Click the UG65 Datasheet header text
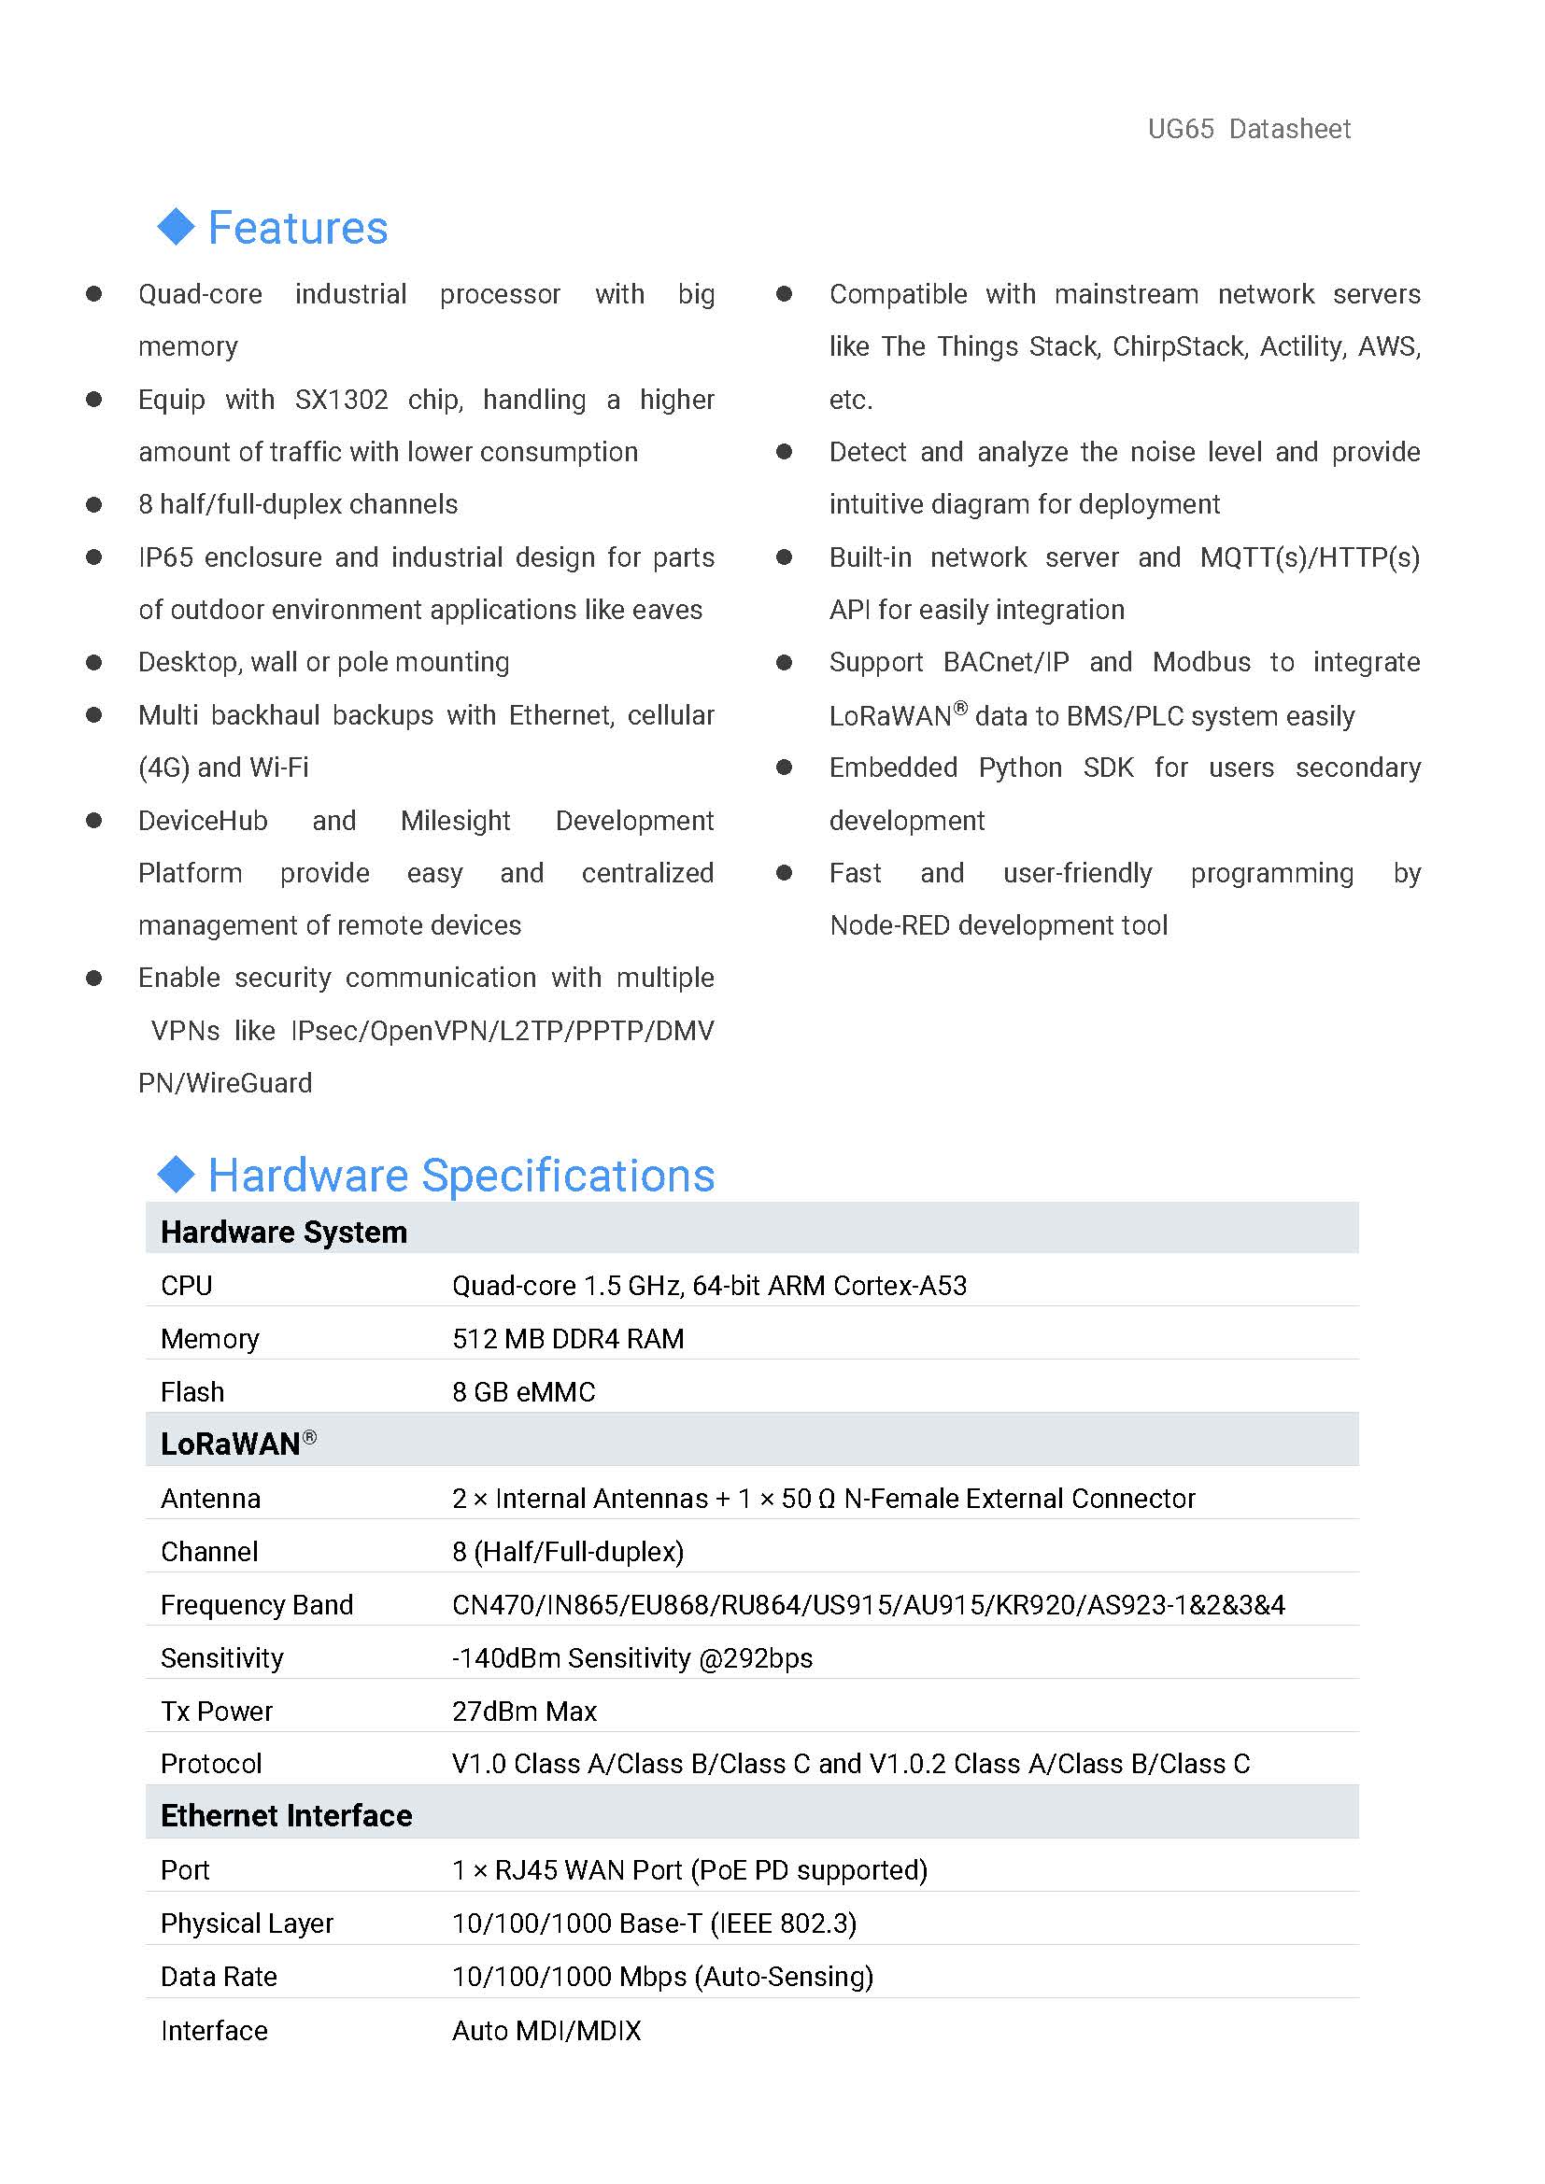point(1248,129)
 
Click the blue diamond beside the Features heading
point(176,226)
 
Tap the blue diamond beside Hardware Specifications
point(176,1174)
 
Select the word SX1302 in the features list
point(341,400)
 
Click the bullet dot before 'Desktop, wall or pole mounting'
point(93,662)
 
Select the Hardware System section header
point(284,1232)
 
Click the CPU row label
point(187,1286)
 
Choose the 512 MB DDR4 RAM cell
point(568,1339)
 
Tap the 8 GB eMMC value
point(523,1392)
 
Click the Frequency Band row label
point(257,1606)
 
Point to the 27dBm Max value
point(524,1712)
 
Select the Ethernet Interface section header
point(287,1816)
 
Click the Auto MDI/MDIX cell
point(546,2031)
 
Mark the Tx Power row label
point(217,1712)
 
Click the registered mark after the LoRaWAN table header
point(309,1437)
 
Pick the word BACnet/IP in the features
point(1006,662)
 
